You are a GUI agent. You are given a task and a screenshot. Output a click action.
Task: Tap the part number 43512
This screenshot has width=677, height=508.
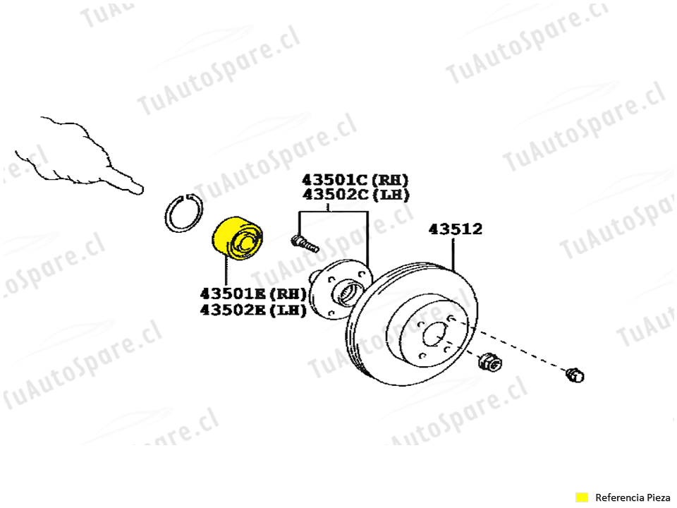pyautogui.click(x=456, y=229)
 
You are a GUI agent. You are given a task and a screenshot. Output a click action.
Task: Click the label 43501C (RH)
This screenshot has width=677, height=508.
pyautogui.click(x=355, y=179)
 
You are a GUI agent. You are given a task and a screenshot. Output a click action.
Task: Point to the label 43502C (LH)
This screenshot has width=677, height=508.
pyautogui.click(x=355, y=195)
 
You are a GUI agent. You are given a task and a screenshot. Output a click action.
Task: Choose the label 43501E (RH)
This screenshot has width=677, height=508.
pyautogui.click(x=253, y=293)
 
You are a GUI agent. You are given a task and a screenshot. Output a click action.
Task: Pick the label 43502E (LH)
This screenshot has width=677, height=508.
pyautogui.click(x=253, y=309)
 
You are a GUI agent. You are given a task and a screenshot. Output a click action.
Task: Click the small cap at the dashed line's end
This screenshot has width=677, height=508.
pyautogui.click(x=575, y=375)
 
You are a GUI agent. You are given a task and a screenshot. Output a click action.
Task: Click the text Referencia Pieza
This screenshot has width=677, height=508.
pyautogui.click(x=633, y=497)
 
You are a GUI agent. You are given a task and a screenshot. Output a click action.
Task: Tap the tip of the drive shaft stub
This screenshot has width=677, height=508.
pyautogui.click(x=138, y=188)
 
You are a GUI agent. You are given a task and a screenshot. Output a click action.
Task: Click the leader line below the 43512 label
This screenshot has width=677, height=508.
pyautogui.click(x=453, y=254)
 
